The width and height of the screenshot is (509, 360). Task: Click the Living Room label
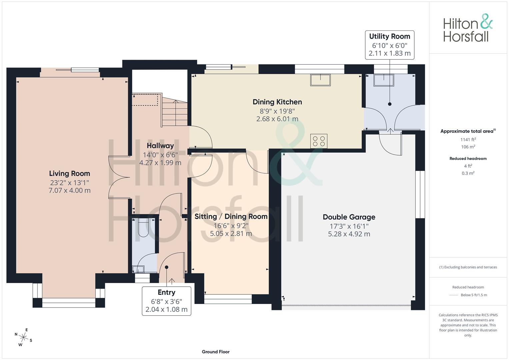pyautogui.click(x=70, y=173)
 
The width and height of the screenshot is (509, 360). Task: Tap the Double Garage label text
pyautogui.click(x=349, y=217)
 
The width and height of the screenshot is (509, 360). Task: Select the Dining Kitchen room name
pyautogui.click(x=277, y=102)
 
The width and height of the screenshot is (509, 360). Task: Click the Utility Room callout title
pyautogui.click(x=389, y=36)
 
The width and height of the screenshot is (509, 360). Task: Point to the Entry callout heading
pyautogui.click(x=166, y=292)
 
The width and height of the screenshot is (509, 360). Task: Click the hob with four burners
pyautogui.click(x=319, y=141)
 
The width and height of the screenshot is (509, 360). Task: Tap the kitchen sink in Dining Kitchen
pyautogui.click(x=320, y=80)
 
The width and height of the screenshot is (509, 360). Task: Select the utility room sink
pyautogui.click(x=384, y=80)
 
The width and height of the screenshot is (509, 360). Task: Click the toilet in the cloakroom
pyautogui.click(x=143, y=227)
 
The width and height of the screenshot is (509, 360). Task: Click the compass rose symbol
pyautogui.click(x=23, y=337)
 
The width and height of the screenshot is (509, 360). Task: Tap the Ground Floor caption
pyautogui.click(x=216, y=352)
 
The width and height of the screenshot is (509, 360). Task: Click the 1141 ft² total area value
pyautogui.click(x=468, y=140)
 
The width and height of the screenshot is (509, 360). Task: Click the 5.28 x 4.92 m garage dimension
pyautogui.click(x=349, y=234)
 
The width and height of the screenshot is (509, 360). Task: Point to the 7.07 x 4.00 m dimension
pyautogui.click(x=70, y=190)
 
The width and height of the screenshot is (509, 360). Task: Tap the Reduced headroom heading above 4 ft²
pyautogui.click(x=468, y=159)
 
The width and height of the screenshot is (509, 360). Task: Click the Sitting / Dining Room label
pyautogui.click(x=231, y=217)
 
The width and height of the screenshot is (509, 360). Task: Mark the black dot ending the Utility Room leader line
pyautogui.click(x=390, y=104)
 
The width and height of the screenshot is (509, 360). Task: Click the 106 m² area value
pyautogui.click(x=468, y=147)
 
